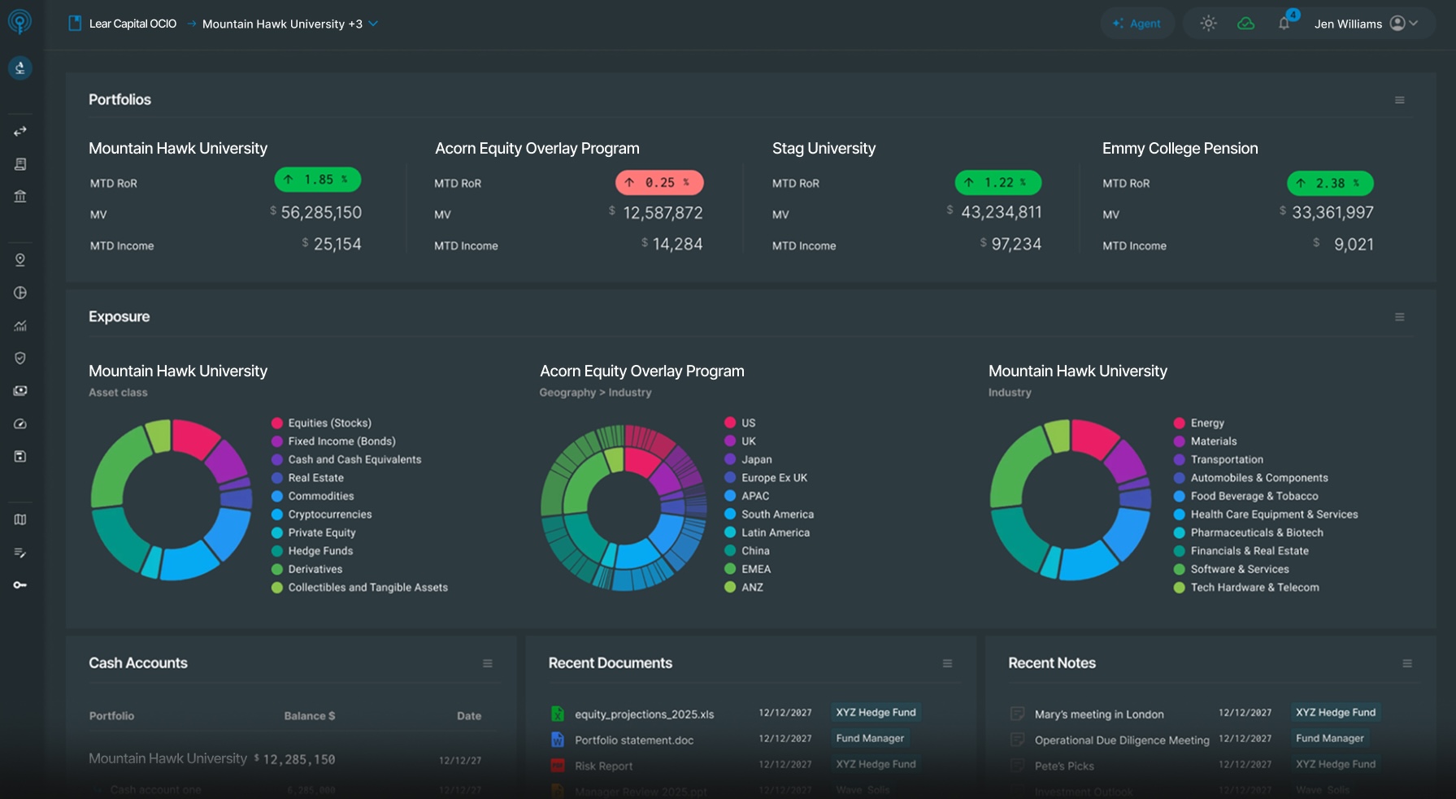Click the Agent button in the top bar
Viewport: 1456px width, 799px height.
(x=1137, y=24)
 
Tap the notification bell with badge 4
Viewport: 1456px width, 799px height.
(x=1284, y=23)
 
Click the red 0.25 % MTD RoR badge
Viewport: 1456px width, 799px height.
(x=659, y=183)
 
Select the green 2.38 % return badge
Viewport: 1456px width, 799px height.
(x=1330, y=183)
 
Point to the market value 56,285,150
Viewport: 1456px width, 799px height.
(x=321, y=213)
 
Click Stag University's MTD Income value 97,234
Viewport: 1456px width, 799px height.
(x=1016, y=245)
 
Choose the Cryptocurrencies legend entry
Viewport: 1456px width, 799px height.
(x=329, y=515)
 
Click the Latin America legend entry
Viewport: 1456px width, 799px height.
(x=775, y=532)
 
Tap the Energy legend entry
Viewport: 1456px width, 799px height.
(x=1206, y=423)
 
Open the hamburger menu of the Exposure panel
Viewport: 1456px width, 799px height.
(x=1400, y=317)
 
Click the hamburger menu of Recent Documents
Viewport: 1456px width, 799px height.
(x=947, y=663)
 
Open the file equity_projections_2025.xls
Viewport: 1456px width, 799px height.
(x=644, y=714)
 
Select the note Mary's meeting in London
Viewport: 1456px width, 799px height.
(x=1098, y=714)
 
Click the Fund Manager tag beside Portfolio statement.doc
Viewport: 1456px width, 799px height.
(x=870, y=738)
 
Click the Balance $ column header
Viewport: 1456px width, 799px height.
(x=309, y=716)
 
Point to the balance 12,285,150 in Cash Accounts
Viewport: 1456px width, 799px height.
(x=298, y=759)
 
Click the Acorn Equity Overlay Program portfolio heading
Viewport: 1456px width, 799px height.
(x=537, y=149)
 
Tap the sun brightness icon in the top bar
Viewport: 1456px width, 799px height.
(x=1208, y=24)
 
